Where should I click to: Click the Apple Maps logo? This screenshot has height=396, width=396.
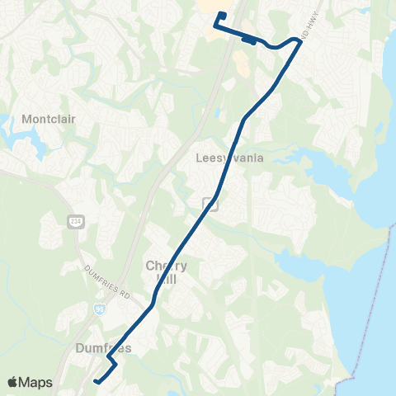[x=29, y=382]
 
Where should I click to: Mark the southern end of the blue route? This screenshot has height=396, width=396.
[x=96, y=381]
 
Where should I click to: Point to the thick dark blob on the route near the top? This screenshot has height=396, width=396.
[x=247, y=35]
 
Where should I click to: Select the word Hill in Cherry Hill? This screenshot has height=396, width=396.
[x=166, y=278]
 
